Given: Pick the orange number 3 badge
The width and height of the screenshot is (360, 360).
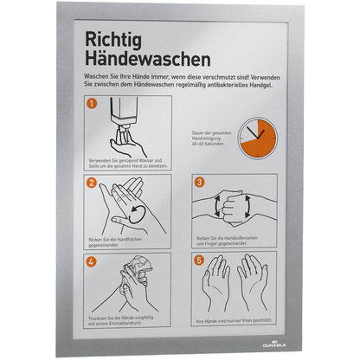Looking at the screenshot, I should click(x=200, y=183).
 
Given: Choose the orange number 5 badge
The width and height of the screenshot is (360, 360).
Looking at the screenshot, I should click(x=200, y=260).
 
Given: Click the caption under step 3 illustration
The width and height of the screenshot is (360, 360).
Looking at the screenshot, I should click(x=227, y=239).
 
